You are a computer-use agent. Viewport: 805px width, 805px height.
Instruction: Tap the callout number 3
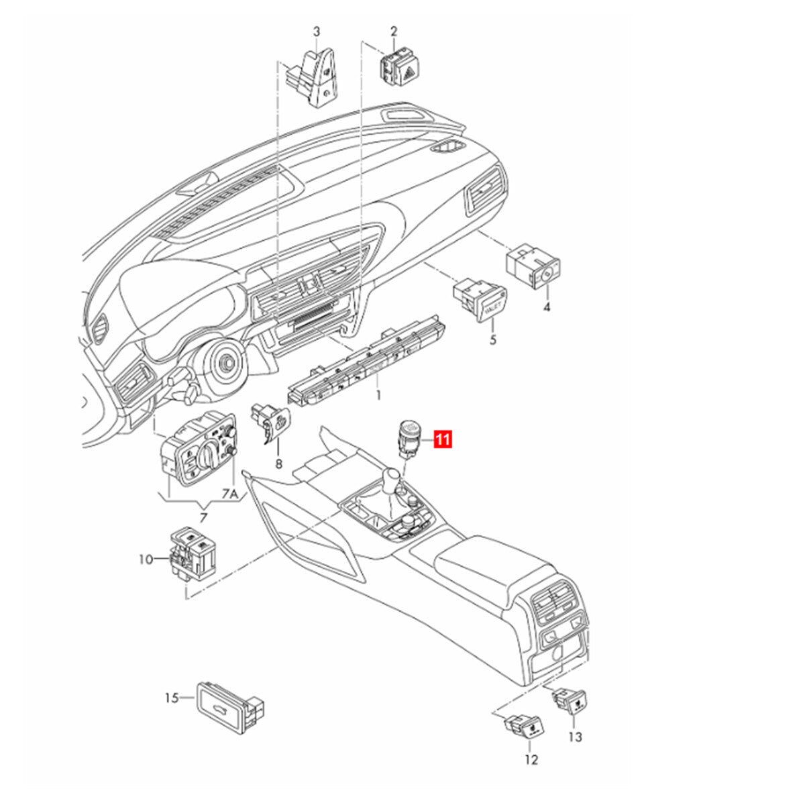(316, 32)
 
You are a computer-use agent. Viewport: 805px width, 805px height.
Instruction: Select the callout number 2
(394, 32)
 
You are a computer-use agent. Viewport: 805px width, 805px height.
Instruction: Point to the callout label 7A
(229, 494)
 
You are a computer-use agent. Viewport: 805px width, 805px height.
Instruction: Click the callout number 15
(172, 698)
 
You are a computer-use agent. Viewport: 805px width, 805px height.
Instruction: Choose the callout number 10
(146, 559)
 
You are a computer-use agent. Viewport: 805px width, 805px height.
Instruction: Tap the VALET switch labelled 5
(480, 299)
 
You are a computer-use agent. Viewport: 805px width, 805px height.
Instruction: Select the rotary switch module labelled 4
(533, 268)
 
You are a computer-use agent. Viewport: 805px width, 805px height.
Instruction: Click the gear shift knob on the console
(393, 477)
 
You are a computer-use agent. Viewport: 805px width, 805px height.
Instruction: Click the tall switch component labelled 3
(311, 78)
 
